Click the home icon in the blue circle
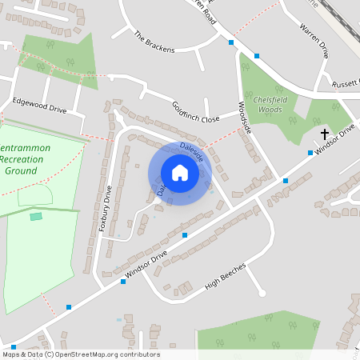pos(180,173)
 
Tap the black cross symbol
pos(325,134)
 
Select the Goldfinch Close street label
pos(195,112)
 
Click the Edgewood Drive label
pos(39,105)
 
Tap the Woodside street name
pos(245,118)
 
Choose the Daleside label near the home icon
pos(192,151)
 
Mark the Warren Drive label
pos(314,40)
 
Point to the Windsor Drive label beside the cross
pos(334,140)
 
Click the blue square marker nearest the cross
pos(310,152)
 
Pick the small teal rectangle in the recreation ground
pos(36,216)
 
